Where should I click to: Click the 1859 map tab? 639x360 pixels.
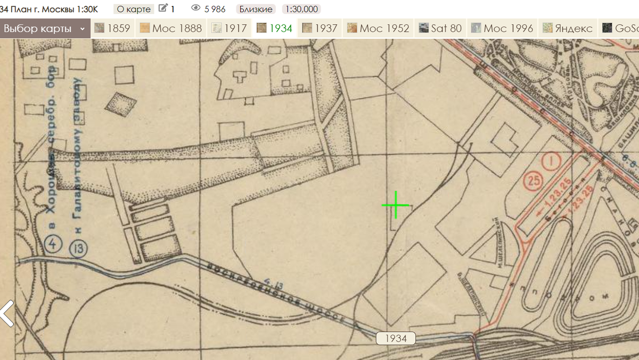[112, 28]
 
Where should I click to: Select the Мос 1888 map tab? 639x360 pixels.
[171, 28]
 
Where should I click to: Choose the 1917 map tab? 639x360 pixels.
[230, 28]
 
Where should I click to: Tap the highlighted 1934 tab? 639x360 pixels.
[275, 28]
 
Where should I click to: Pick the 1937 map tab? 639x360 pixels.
[320, 28]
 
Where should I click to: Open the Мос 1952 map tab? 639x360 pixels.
[378, 28]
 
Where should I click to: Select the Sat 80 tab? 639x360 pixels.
[440, 28]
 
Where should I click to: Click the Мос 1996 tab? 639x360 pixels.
[502, 28]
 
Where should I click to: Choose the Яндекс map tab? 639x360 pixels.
[568, 28]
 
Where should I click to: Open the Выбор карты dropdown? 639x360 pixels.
[45, 28]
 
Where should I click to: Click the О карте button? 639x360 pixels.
[134, 9]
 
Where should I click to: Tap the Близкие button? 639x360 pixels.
[256, 9]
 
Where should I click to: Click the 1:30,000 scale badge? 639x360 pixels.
[301, 9]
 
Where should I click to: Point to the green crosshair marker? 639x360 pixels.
[396, 205]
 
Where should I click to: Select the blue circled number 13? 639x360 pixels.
[79, 248]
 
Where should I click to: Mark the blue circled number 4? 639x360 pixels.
[53, 244]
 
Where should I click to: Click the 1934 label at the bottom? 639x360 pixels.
[395, 339]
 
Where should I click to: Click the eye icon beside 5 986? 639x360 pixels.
[195, 9]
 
